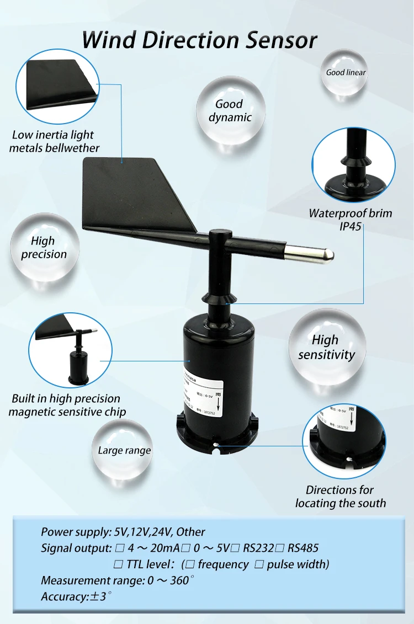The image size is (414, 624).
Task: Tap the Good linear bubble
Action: coord(346,72)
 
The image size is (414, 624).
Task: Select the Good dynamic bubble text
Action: coord(230,110)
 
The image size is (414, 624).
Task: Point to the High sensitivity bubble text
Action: coord(326,348)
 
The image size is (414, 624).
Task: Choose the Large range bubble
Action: coord(124,451)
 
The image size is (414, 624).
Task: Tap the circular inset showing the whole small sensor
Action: coord(70,349)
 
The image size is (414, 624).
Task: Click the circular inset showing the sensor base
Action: coord(344,441)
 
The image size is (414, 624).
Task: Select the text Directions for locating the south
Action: coord(340,497)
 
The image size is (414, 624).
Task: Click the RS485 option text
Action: coord(303,548)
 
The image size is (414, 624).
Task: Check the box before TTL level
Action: coord(118,564)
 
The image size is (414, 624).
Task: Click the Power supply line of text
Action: coord(123,532)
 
